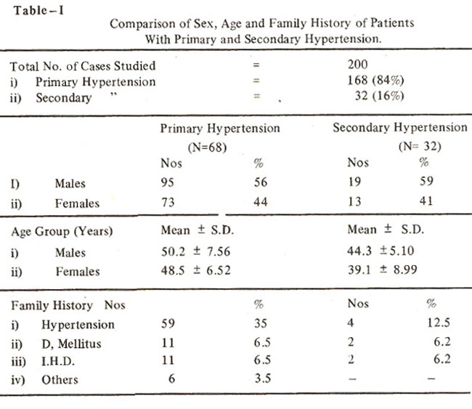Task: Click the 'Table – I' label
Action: tap(38, 11)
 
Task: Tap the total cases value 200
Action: tap(357, 65)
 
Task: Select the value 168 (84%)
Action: tap(375, 81)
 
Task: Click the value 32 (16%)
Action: tap(379, 96)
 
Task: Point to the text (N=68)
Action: tap(207, 147)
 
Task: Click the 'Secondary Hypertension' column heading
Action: tap(400, 128)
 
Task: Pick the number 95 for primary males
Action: tap(167, 182)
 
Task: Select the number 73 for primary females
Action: tap(168, 202)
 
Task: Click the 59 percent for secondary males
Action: tap(426, 181)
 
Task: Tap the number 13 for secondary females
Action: tap(354, 201)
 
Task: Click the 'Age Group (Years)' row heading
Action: tap(62, 232)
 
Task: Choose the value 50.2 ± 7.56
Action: tap(195, 251)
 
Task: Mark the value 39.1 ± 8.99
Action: tap(382, 270)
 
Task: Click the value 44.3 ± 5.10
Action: tap(381, 251)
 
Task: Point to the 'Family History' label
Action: tap(52, 305)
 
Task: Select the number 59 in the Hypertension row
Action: tap(168, 323)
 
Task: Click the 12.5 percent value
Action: tap(439, 323)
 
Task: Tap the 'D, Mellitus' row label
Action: tap(71, 344)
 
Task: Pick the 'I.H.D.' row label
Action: tap(58, 361)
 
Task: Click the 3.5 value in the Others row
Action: tap(262, 378)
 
